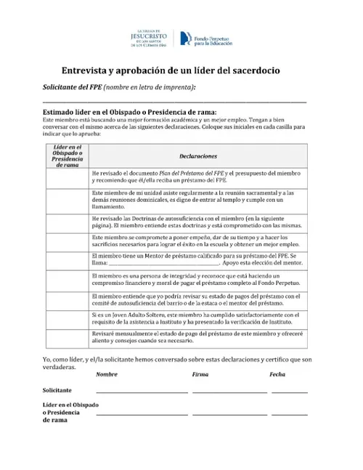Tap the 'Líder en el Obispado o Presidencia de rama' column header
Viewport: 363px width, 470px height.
(66, 156)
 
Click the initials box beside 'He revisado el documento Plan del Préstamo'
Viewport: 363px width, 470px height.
(66, 178)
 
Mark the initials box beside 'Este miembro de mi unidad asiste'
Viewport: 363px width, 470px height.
(66, 200)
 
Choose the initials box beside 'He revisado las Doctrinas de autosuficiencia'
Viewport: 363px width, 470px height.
(66, 222)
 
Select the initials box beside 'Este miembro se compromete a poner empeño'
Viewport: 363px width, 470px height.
(66, 242)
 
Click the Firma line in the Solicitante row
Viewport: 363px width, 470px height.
(229, 392)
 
